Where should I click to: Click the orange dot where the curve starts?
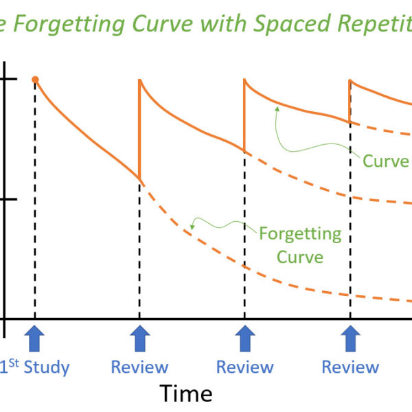(35, 80)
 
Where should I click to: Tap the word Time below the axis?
(186, 393)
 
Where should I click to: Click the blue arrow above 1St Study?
(35, 339)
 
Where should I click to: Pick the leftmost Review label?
(139, 367)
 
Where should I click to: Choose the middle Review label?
(244, 367)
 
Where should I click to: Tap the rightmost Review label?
(350, 367)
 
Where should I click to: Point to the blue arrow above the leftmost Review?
(140, 339)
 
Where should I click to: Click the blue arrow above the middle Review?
(245, 339)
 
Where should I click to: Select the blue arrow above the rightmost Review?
(351, 339)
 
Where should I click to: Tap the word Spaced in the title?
(288, 23)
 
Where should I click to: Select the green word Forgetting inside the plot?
(299, 233)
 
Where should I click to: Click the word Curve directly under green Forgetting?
(301, 257)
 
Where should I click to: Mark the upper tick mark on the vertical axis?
(10, 80)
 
